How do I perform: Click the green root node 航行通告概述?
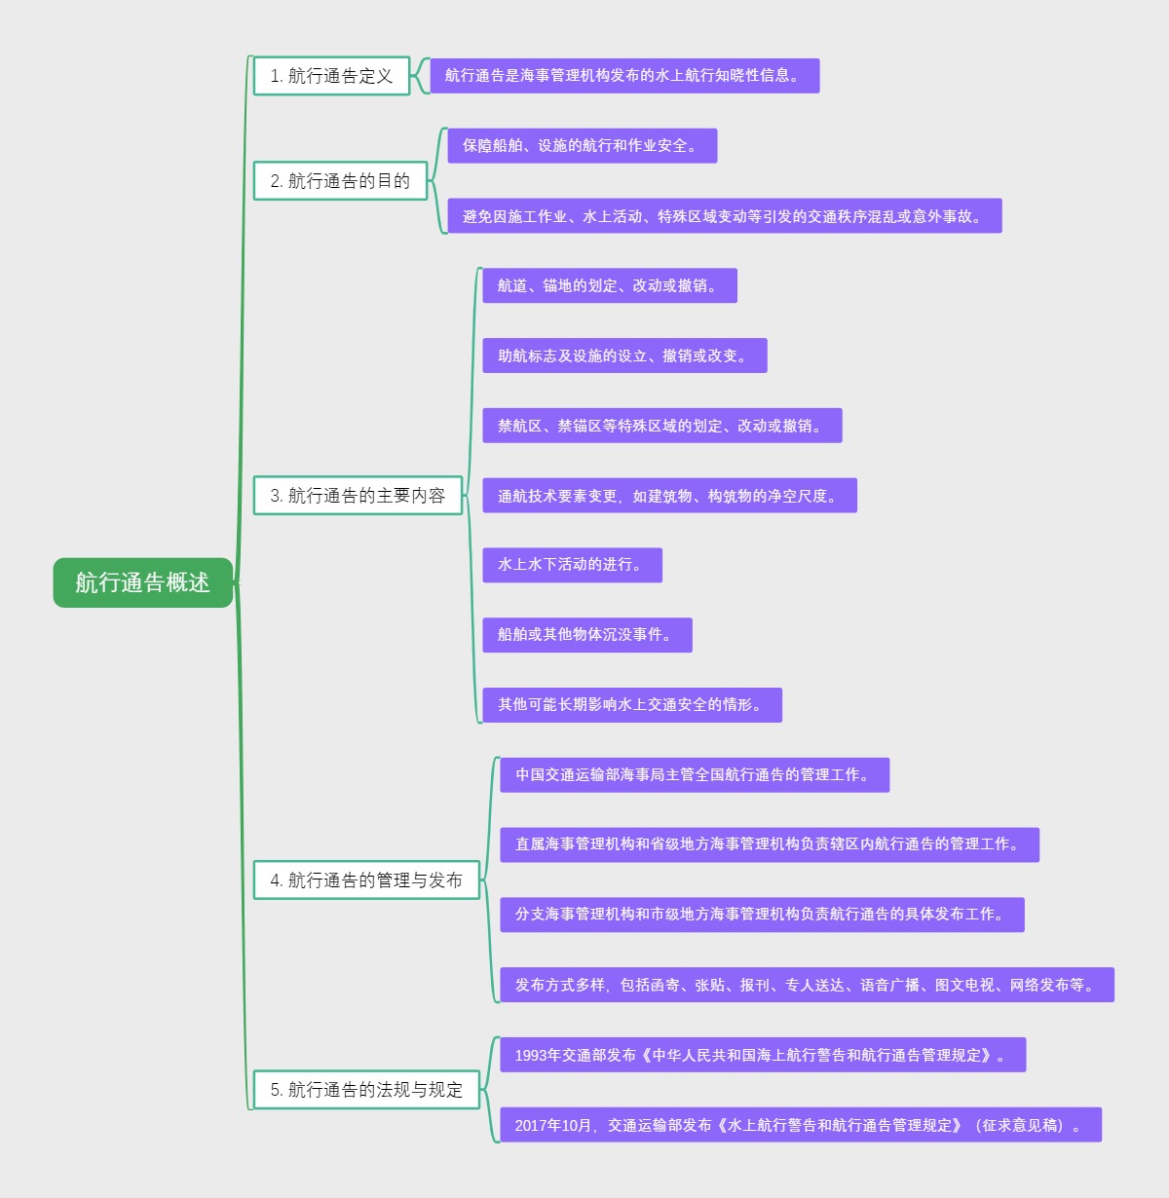point(143,582)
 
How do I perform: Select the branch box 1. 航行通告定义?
point(331,76)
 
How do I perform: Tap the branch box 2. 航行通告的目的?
point(340,181)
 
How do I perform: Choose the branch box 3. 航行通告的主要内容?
point(358,496)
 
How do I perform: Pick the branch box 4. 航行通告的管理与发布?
point(366,880)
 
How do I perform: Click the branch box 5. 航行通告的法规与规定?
point(366,1090)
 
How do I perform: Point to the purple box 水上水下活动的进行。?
point(572,565)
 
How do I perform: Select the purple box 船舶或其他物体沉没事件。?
point(586,635)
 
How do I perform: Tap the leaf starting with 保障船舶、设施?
point(582,146)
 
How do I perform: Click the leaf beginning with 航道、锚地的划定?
point(609,286)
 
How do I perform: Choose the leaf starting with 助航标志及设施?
point(624,356)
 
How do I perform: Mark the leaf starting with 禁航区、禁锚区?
point(661,427)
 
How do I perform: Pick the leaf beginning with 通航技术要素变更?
point(669,496)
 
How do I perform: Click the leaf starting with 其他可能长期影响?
point(631,705)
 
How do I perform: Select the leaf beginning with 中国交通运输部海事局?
point(694,775)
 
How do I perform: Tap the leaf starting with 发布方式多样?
point(807,986)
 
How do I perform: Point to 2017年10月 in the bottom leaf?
point(552,1126)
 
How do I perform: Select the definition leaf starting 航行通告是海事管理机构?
point(624,76)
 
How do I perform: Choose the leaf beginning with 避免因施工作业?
point(724,216)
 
